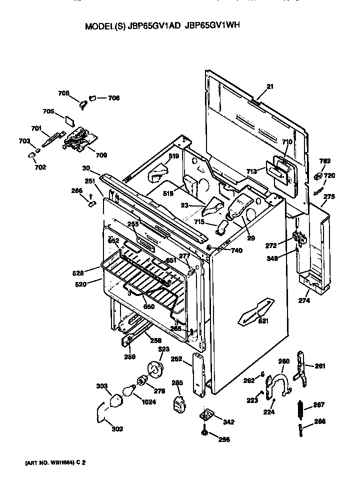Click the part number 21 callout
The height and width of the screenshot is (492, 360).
tap(270, 86)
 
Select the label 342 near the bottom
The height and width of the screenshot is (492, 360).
tap(228, 422)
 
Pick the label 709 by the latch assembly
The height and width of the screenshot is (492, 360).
tap(101, 155)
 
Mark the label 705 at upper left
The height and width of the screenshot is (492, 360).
tap(48, 111)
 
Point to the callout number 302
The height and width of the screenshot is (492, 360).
tap(117, 428)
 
